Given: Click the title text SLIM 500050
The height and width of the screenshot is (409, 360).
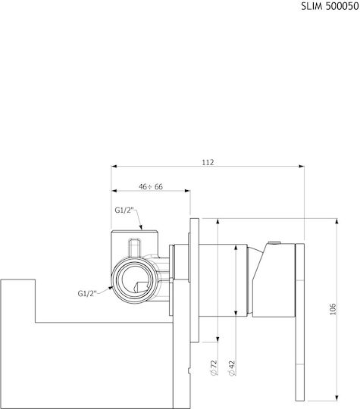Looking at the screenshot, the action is (330, 6).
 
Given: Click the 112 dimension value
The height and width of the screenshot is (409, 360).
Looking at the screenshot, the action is (208, 163).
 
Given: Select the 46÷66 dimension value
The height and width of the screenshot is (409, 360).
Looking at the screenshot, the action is (151, 187).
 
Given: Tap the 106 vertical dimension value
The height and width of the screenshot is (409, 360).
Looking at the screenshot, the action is (333, 309).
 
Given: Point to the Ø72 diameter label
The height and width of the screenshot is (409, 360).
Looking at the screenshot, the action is (214, 368).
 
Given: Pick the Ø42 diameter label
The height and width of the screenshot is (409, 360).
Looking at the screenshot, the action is (232, 368).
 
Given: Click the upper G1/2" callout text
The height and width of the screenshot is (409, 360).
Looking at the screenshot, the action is (124, 211).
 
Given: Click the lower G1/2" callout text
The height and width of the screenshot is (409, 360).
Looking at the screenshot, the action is (87, 293).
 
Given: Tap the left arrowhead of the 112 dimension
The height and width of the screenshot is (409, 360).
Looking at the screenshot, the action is (114, 166).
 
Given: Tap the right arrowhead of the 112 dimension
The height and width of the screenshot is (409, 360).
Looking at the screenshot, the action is (302, 166).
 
